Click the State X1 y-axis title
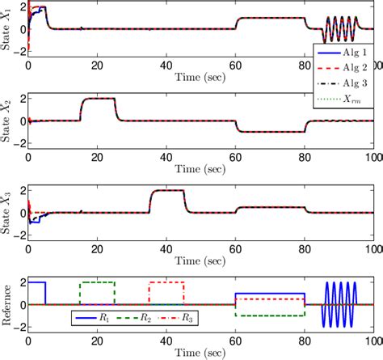coord(7,30)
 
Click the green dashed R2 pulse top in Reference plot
coord(97,282)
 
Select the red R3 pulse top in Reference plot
coord(166,282)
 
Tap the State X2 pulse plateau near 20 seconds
coord(97,99)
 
